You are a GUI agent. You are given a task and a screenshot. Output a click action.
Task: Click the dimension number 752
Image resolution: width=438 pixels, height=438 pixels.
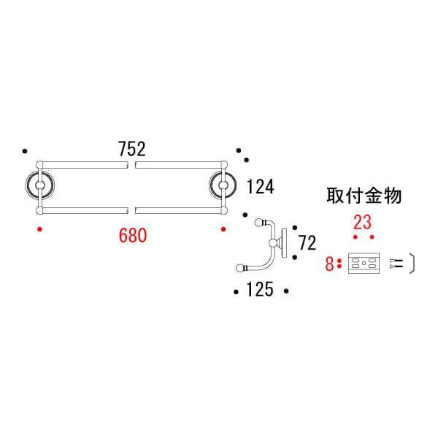click(131, 149)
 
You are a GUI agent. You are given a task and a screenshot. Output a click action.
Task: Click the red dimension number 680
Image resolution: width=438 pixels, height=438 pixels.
click(134, 235)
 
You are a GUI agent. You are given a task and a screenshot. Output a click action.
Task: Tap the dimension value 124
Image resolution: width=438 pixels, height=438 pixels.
click(259, 188)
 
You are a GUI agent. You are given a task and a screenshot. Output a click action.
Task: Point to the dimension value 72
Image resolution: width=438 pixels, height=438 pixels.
click(307, 242)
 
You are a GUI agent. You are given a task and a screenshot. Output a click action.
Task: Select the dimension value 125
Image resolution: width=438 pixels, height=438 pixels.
click(260, 291)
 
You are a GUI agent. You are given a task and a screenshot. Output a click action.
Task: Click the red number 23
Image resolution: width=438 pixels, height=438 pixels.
click(363, 221)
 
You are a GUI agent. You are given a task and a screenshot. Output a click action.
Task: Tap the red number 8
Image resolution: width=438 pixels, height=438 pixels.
click(329, 264)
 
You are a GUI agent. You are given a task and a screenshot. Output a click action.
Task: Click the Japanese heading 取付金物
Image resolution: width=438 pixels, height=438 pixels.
click(364, 196)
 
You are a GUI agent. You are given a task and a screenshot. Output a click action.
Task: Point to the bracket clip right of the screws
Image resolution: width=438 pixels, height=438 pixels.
click(412, 264)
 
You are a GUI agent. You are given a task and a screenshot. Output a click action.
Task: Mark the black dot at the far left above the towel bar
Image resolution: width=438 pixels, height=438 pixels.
click(25, 151)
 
